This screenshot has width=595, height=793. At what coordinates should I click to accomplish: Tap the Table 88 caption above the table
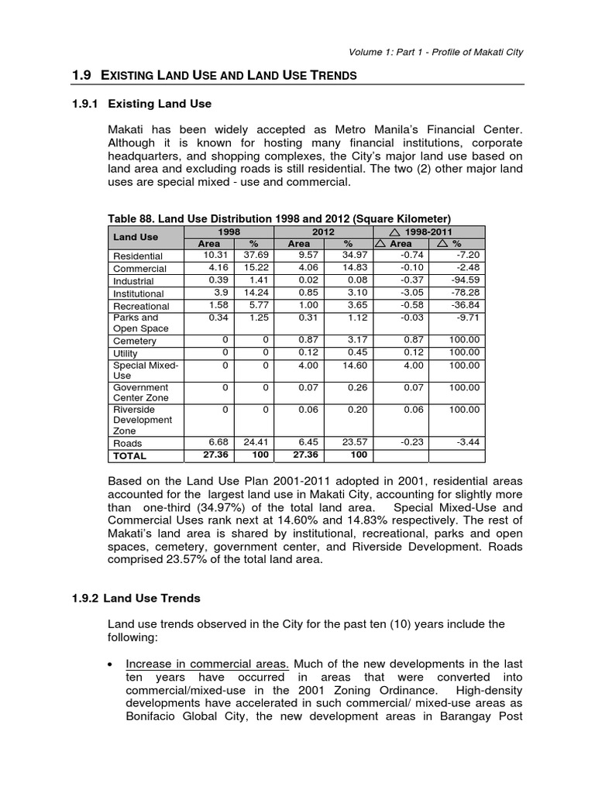pos(280,218)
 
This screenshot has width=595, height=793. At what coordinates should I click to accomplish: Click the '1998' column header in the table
pos(229,232)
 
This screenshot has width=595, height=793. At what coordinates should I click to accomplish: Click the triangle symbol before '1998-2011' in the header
pos(396,232)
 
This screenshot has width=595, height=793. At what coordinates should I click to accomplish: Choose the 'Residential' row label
pos(138,256)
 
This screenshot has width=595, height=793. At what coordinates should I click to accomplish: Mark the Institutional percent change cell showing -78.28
pos(465,293)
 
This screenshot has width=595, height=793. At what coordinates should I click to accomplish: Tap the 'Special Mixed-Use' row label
pos(146,370)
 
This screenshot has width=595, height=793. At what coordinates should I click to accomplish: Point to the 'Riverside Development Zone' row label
pos(143,420)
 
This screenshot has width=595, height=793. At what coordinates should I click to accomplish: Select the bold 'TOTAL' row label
pos(130,455)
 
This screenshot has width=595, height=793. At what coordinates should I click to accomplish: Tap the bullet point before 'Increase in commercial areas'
pos(114,664)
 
